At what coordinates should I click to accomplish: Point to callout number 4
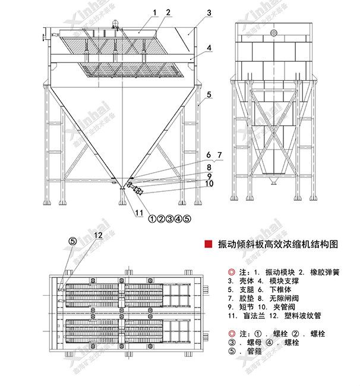pos(210,47)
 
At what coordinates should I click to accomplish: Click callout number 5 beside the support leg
pos(209,94)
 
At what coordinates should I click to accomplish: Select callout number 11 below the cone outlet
pos(139,213)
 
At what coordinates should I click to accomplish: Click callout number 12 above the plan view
pos(97,236)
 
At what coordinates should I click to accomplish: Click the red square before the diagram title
pos(208,244)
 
